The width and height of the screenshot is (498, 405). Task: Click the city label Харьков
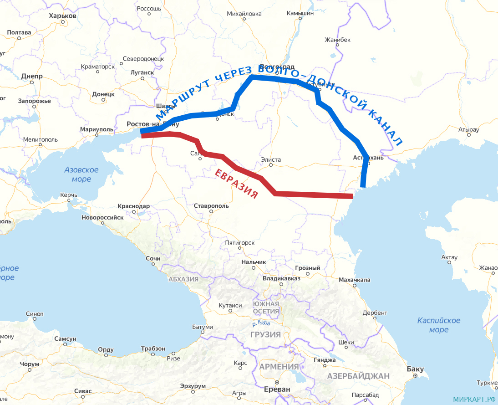62,16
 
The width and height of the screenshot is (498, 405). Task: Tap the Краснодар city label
133,206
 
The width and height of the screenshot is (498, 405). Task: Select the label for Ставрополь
211,206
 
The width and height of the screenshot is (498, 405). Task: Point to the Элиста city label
271,160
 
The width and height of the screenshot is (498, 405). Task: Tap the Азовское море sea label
81,174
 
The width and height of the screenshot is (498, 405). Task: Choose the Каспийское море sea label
439,325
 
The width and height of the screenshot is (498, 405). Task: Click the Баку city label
415,369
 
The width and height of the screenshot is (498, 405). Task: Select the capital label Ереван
277,389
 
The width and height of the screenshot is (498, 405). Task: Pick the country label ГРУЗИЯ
265,334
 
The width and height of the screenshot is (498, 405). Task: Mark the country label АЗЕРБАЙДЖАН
359,376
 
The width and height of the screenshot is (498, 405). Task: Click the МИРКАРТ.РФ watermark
474,399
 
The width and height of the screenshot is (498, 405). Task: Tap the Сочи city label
153,259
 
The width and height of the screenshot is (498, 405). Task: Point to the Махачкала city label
355,280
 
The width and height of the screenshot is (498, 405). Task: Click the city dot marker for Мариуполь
97,135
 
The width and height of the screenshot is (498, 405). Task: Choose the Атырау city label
469,130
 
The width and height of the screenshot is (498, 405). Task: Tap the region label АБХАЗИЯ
183,279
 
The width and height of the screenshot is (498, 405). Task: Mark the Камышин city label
300,13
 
